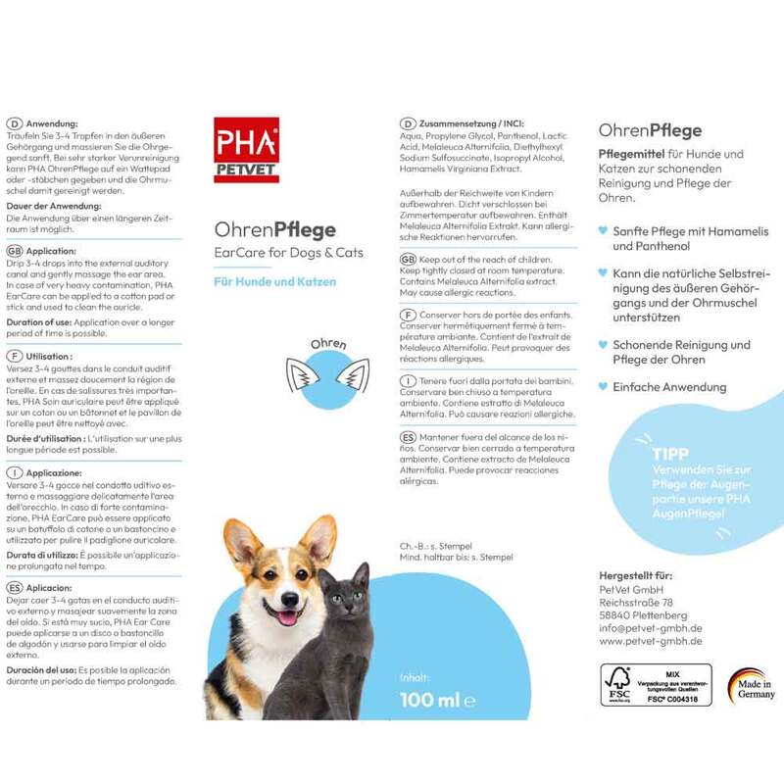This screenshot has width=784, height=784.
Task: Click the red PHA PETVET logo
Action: [x=246, y=150]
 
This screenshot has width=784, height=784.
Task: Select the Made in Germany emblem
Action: [x=751, y=687]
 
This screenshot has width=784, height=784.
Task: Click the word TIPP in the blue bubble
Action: [x=671, y=454]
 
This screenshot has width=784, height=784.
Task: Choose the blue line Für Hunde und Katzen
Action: [x=275, y=281]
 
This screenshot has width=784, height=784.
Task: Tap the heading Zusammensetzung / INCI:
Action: [x=464, y=123]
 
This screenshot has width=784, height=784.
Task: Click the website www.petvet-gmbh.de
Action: [x=650, y=641]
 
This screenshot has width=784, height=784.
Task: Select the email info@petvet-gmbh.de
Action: [x=650, y=628]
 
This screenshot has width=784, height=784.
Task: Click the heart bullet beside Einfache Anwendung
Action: [x=602, y=388]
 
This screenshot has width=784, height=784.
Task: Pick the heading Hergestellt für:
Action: [x=637, y=574]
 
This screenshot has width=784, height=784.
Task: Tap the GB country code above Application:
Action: [x=14, y=250]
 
